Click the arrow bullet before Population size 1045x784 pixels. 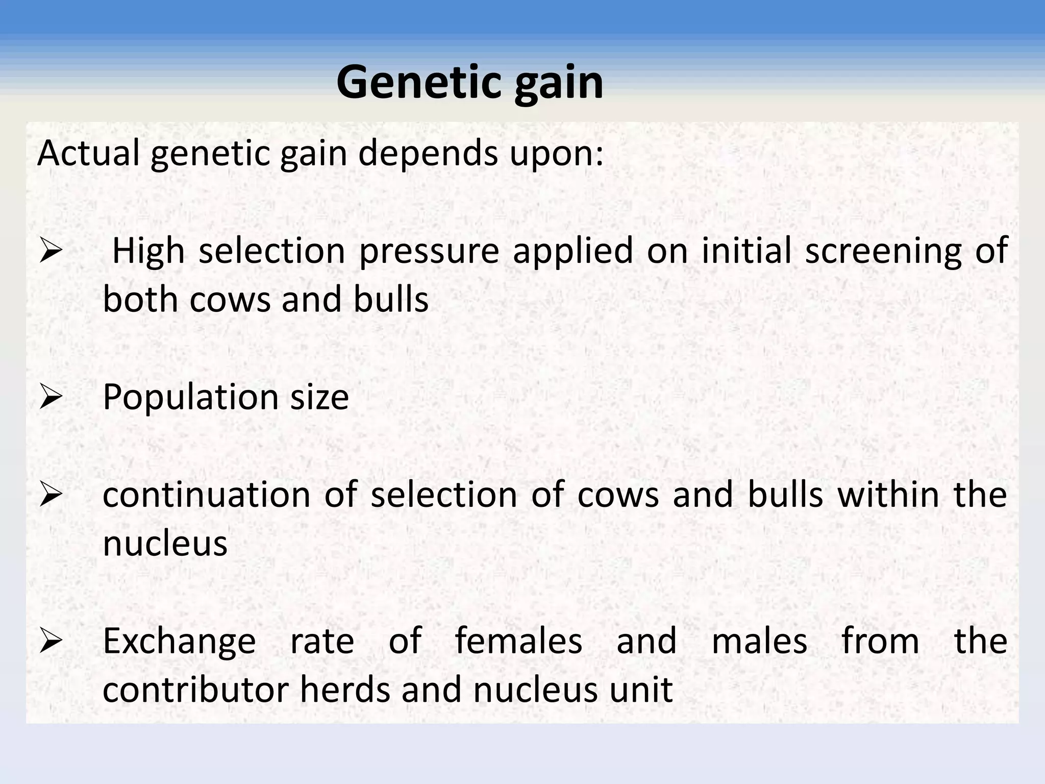51,397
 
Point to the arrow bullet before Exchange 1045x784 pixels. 51,641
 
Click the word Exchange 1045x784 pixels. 179,642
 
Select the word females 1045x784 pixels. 518,641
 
